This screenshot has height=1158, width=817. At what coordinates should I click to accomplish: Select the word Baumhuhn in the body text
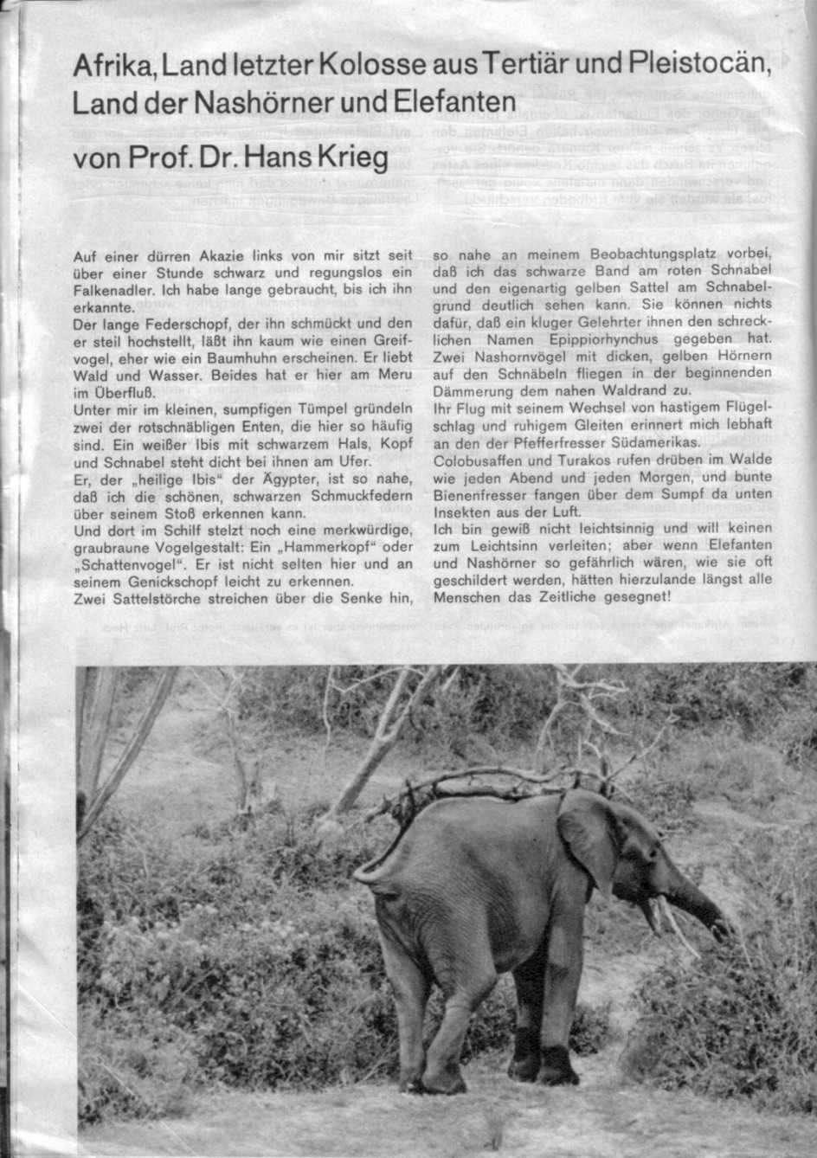[256, 355]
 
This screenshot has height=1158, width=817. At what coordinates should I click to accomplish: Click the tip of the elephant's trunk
[719, 930]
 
